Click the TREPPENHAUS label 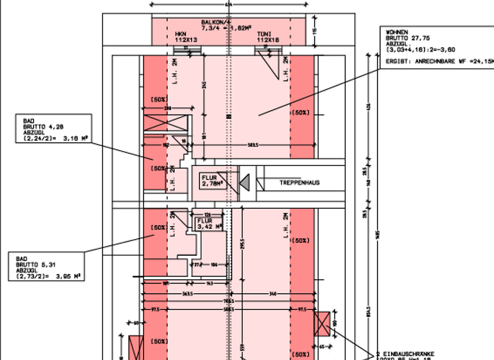click(299, 183)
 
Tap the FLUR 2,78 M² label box click(213, 180)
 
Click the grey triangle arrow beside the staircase click(245, 184)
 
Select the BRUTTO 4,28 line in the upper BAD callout click(40, 127)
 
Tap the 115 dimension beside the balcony click(315, 31)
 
